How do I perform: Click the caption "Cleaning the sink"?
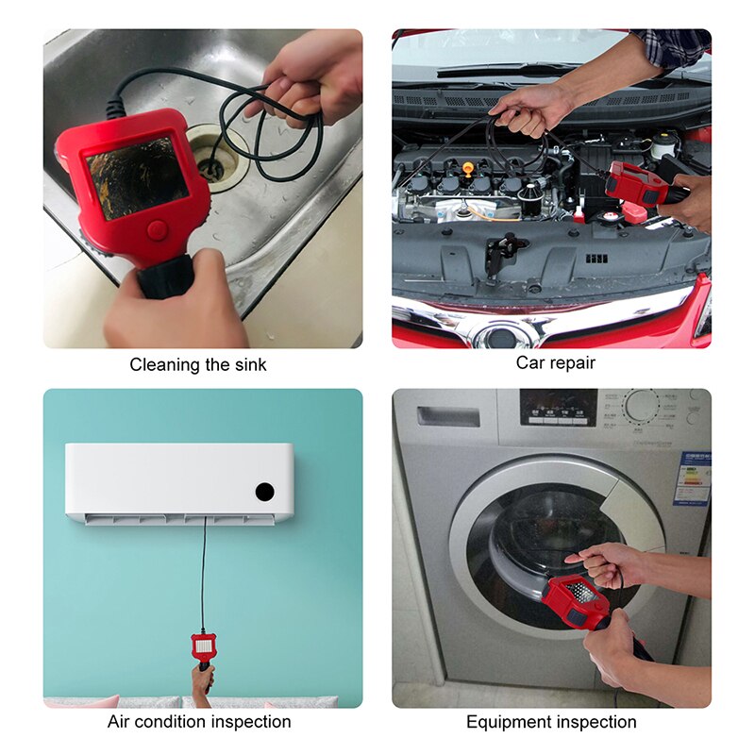[198, 365]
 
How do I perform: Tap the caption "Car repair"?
[556, 362]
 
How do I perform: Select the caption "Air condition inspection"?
[199, 722]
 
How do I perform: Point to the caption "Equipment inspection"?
[551, 722]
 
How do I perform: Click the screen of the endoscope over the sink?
[137, 176]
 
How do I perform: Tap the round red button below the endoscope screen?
[158, 229]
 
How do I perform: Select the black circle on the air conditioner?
[264, 492]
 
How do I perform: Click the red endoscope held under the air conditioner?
[202, 647]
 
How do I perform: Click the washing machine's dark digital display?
[558, 407]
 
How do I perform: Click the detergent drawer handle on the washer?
[448, 416]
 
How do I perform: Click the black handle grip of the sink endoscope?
[166, 277]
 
